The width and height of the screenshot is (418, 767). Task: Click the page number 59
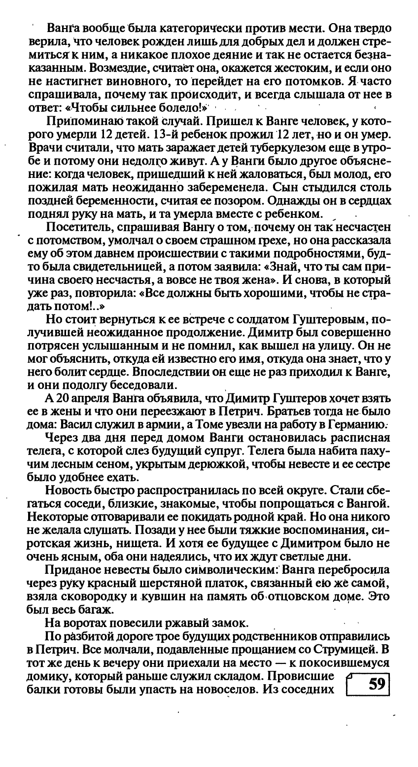click(x=377, y=685)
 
